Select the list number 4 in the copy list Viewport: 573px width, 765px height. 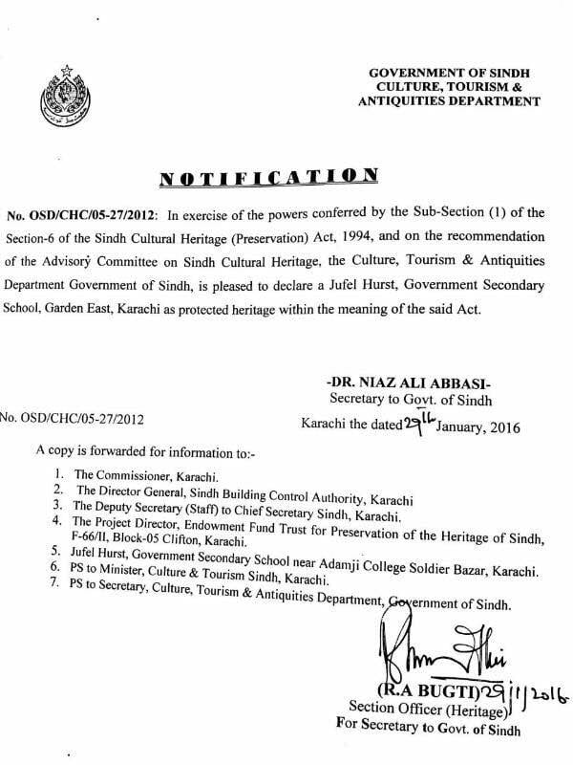pos(60,521)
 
